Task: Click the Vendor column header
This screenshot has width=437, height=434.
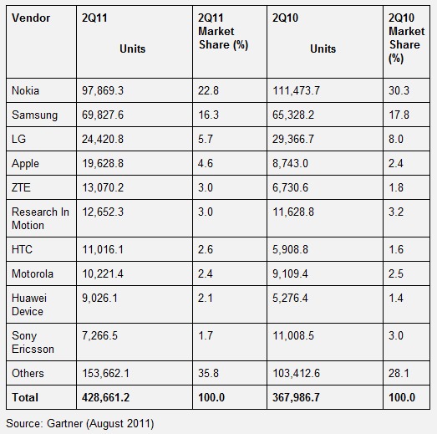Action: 31,18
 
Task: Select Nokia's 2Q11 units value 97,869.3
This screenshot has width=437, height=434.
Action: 103,90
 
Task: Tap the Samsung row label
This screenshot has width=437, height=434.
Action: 34,115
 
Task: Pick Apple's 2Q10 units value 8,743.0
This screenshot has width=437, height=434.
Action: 290,163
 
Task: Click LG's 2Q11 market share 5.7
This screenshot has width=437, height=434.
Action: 206,139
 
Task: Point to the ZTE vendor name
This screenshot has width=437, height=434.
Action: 21,187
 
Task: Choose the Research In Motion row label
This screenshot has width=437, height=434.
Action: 40,218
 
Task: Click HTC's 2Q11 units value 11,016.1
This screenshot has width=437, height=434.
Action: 103,249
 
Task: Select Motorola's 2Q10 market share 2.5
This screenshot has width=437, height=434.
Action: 396,273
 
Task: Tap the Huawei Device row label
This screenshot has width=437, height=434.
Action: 29,304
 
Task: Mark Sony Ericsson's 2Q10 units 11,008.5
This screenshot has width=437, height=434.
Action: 293,335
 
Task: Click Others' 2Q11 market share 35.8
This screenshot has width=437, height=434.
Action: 208,373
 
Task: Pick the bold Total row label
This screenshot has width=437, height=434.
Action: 25,397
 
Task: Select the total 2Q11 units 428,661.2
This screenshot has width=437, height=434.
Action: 105,397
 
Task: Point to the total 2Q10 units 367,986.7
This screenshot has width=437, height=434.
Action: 296,397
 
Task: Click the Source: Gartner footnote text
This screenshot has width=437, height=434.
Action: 80,423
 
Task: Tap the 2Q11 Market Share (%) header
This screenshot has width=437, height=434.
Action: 223,32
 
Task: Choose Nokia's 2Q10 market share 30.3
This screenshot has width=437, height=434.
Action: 399,90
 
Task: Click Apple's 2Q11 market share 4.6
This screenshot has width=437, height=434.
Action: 206,163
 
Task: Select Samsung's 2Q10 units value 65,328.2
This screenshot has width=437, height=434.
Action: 293,115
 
